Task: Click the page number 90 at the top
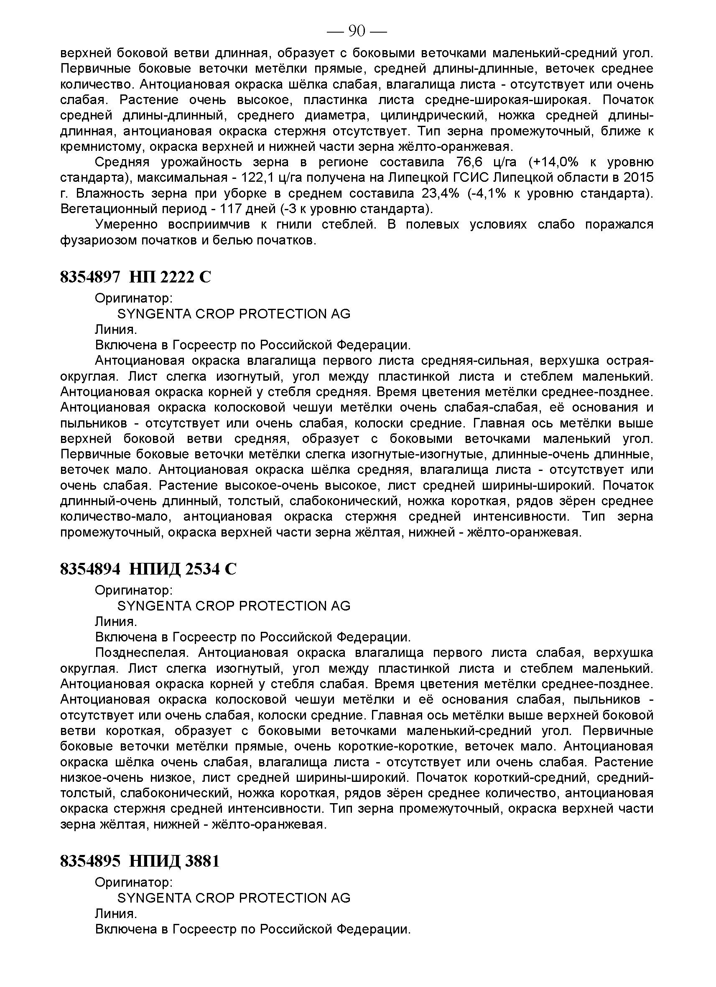[357, 32]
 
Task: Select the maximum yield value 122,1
[259, 178]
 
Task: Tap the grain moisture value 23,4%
[440, 193]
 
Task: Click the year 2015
[639, 178]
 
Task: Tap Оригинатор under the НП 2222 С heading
[134, 298]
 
